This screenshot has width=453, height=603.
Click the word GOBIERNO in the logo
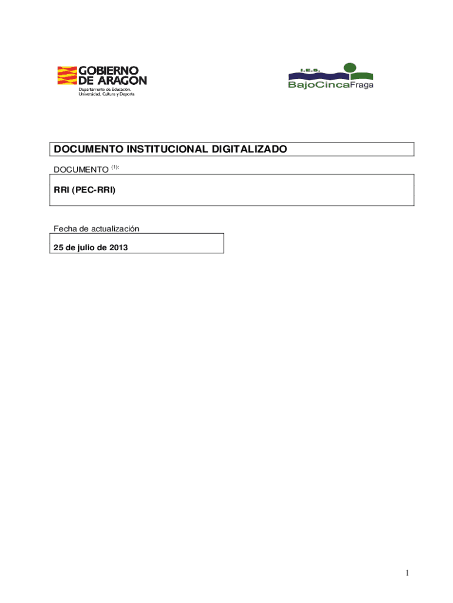(112, 71)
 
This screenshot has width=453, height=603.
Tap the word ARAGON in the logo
(122, 80)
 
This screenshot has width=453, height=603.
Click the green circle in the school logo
(351, 68)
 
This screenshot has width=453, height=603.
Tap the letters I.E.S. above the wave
(309, 70)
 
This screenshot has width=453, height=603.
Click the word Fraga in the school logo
(362, 85)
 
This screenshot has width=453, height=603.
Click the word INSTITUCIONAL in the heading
(166, 150)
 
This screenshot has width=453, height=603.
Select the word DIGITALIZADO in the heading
(249, 150)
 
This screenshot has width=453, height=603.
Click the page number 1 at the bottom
(407, 573)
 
